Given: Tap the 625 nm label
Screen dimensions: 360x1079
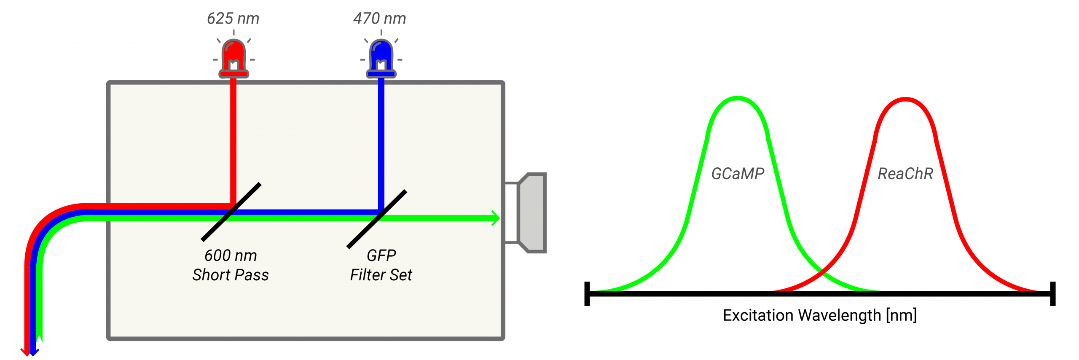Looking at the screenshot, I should click(x=233, y=19).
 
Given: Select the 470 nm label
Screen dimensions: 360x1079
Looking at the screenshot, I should click(x=379, y=19).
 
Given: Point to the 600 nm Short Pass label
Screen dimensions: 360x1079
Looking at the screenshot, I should click(x=231, y=265).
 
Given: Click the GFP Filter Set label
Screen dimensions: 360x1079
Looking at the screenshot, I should click(x=381, y=265).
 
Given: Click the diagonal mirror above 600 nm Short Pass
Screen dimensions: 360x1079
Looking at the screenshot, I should click(x=231, y=212).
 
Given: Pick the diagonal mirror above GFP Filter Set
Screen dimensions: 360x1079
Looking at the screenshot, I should click(x=377, y=219).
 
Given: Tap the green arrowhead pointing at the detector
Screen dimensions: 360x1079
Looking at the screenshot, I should click(x=495, y=218).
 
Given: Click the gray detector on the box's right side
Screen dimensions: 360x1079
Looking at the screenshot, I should click(x=532, y=213).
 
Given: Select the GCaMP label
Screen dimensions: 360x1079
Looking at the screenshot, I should click(x=738, y=174).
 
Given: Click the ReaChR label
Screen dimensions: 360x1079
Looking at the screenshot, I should click(x=905, y=174).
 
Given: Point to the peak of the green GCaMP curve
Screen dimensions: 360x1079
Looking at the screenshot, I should click(x=738, y=98).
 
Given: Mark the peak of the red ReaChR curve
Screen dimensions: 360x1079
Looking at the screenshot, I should click(x=905, y=99).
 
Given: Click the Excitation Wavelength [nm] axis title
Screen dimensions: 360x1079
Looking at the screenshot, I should click(x=820, y=315).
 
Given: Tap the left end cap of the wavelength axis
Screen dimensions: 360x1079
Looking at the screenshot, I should click(x=587, y=293).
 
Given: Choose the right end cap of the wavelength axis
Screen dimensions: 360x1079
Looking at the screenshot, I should click(x=1052, y=293).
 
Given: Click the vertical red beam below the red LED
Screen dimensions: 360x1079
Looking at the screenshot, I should click(x=233, y=139).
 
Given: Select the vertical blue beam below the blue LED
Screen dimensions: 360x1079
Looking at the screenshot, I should click(x=381, y=139).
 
